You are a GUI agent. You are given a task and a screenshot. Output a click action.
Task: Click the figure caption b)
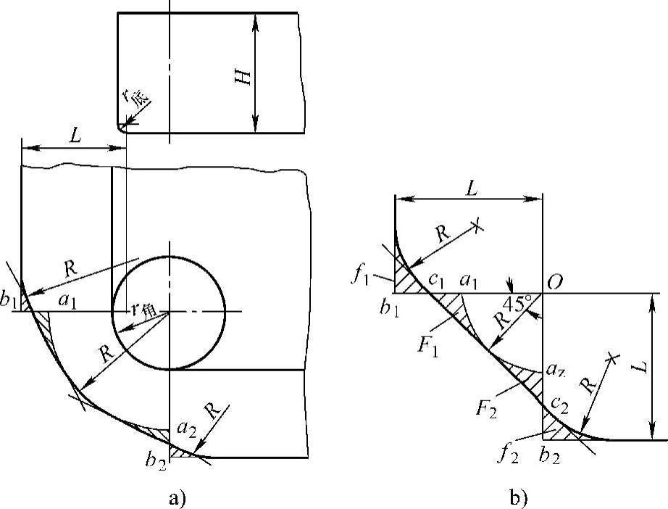(x=518, y=498)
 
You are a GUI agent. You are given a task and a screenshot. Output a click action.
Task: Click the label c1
(x=436, y=281)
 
